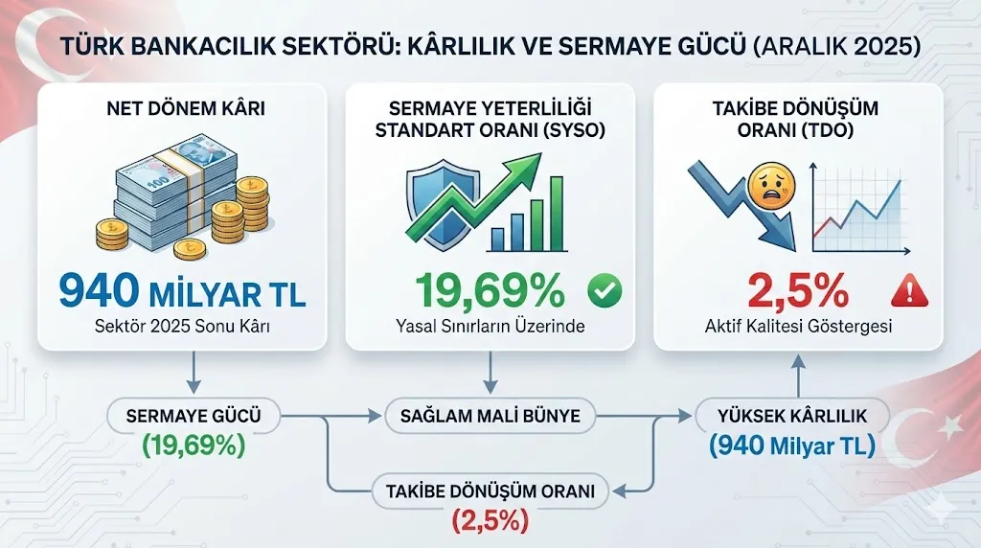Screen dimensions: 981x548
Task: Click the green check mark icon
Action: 605,290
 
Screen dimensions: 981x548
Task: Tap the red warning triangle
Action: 909,291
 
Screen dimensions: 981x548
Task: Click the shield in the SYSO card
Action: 442,205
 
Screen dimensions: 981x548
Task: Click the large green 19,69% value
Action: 490,290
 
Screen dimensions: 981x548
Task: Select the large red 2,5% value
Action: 798,290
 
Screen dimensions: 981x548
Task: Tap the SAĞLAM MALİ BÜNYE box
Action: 490,416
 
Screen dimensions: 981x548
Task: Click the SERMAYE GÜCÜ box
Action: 194,416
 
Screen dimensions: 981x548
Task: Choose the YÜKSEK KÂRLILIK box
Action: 792,416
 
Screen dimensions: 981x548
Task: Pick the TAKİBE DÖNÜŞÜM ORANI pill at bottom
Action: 490,491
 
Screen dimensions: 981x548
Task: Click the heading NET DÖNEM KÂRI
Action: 186,108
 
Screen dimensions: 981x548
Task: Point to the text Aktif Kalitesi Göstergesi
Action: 798,326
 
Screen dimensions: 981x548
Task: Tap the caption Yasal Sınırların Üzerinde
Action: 490,326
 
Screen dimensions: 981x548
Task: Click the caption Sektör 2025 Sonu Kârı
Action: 182,326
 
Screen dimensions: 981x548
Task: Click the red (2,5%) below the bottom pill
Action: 490,520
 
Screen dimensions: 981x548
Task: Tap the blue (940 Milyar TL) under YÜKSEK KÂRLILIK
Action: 792,445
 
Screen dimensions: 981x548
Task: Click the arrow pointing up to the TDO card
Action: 798,376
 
